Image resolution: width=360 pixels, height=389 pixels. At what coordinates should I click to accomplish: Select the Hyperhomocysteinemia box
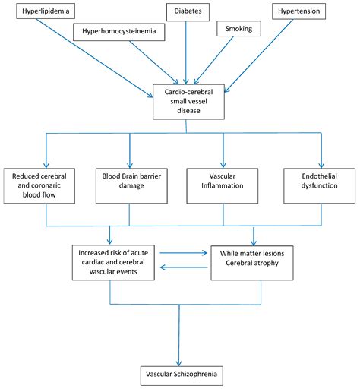tap(119, 31)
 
